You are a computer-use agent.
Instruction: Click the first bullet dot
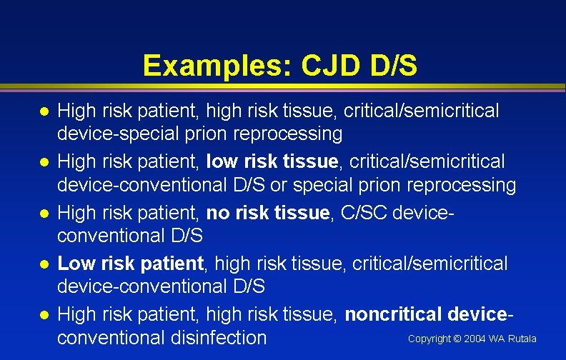44,111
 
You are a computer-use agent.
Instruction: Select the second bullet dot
44,163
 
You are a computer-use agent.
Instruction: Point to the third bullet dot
44,214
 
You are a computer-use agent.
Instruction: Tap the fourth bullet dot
44,264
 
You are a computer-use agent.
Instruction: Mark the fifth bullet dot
44,315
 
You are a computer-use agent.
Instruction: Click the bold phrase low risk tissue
272,162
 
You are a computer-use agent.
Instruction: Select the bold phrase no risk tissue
266,213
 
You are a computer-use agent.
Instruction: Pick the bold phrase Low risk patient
131,264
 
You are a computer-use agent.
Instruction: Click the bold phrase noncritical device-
430,314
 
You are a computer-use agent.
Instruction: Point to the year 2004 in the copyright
474,339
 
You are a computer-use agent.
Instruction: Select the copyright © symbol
455,339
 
